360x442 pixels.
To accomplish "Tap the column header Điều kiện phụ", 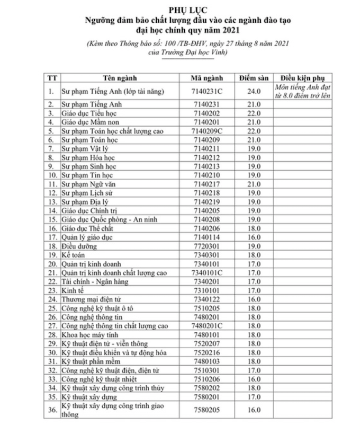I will click(303, 78).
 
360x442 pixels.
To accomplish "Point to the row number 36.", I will click(51, 410).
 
